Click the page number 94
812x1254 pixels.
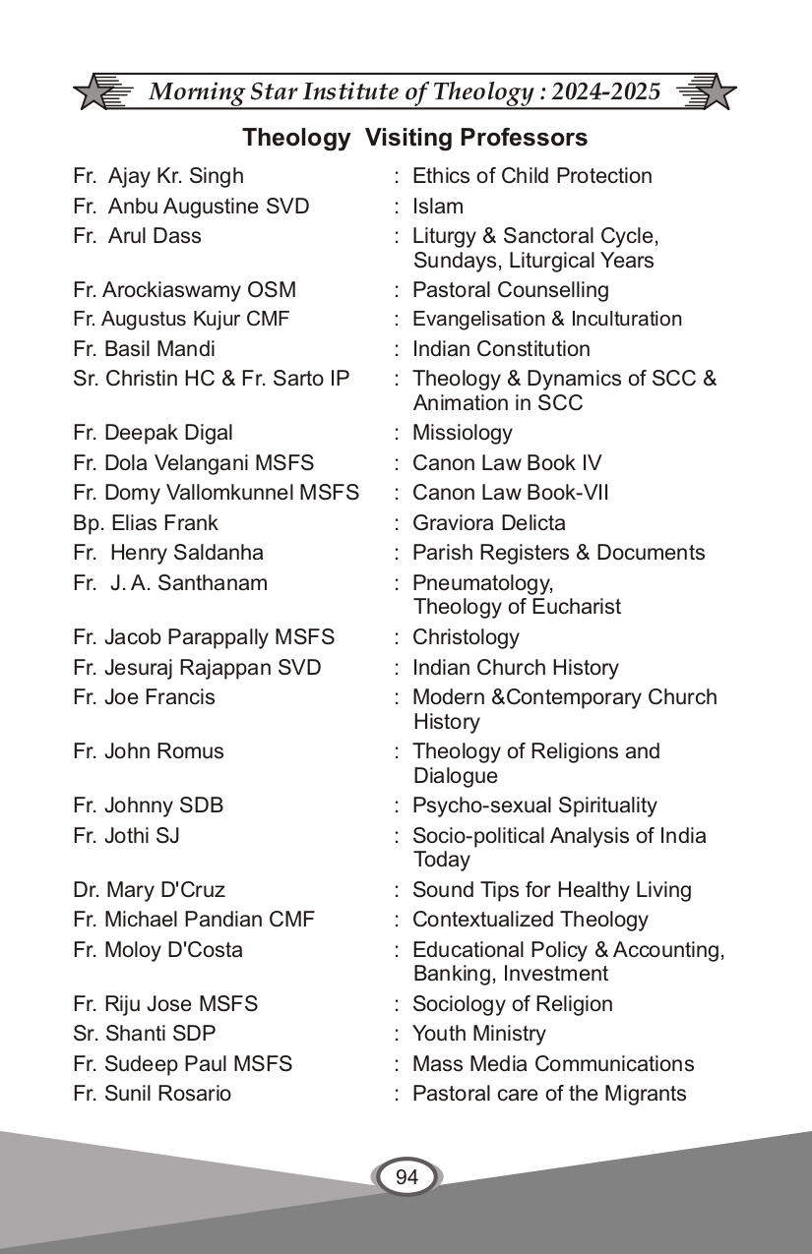pyautogui.click(x=406, y=1177)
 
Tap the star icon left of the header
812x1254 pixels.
pyautogui.click(x=94, y=92)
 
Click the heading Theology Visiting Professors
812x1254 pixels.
pyautogui.click(x=414, y=138)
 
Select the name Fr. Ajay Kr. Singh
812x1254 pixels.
pyautogui.click(x=158, y=176)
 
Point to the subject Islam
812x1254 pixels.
pyautogui.click(x=438, y=207)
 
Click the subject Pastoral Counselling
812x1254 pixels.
pyautogui.click(x=510, y=290)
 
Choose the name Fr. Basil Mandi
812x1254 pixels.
pyautogui.click(x=144, y=349)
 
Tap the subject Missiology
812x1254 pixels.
pyautogui.click(x=463, y=433)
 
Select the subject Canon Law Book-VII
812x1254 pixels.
pyautogui.click(x=510, y=493)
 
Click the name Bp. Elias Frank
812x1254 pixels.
pyautogui.click(x=146, y=523)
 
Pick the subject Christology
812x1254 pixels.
pyautogui.click(x=466, y=637)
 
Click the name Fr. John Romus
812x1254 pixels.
pyautogui.click(x=149, y=751)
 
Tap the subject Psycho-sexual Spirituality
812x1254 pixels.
pyautogui.click(x=534, y=806)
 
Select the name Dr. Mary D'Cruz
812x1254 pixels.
pyautogui.click(x=149, y=890)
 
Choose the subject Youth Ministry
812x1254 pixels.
pyautogui.click(x=478, y=1034)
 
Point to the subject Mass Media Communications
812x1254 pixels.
pyautogui.click(x=553, y=1064)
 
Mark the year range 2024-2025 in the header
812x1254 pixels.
pyautogui.click(x=606, y=92)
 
